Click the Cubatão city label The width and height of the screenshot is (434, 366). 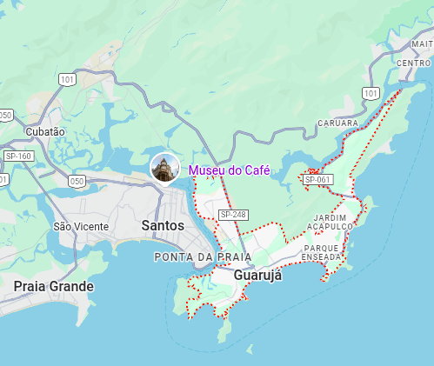(45, 131)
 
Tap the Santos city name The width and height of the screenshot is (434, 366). (163, 225)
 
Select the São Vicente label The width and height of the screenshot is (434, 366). (81, 226)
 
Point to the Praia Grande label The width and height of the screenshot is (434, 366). (53, 285)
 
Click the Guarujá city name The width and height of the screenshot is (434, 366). (258, 276)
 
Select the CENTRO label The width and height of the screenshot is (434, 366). (412, 63)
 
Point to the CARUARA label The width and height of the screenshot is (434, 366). (338, 123)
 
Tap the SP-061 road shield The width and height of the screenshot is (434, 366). (318, 179)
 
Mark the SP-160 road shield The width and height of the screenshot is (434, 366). (17, 156)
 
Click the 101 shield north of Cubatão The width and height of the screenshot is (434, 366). (67, 79)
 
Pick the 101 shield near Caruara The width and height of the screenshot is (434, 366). (371, 93)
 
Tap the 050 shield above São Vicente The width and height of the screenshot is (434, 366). (77, 181)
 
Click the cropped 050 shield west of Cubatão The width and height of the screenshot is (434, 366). (5, 115)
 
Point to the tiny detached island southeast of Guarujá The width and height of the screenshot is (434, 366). (250, 349)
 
